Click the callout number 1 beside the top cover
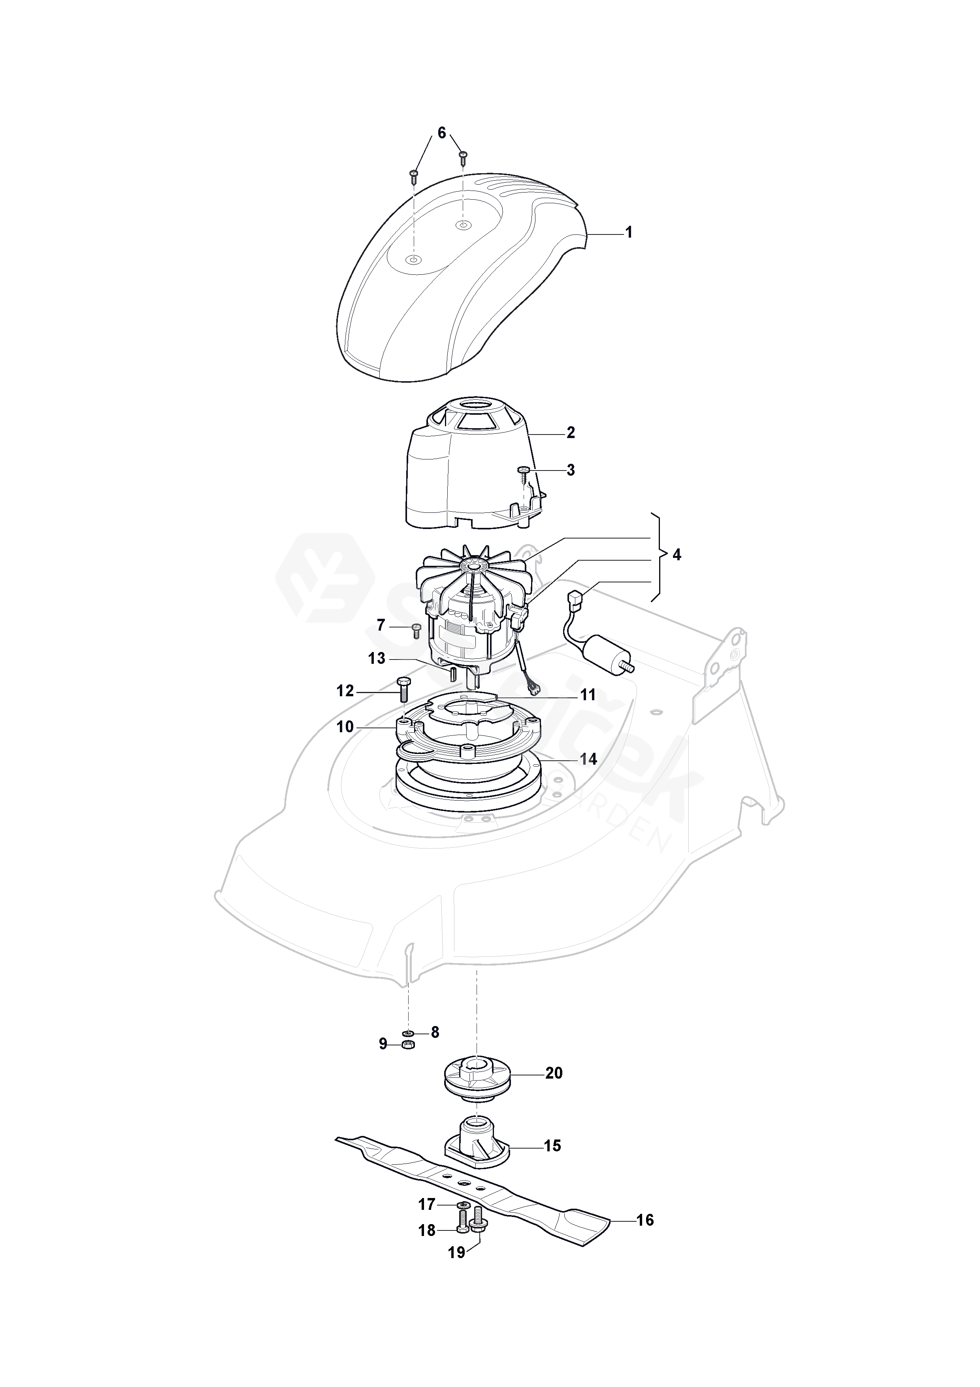629,232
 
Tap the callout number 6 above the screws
441,133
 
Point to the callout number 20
554,1073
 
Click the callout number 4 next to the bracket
677,555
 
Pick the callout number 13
377,658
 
